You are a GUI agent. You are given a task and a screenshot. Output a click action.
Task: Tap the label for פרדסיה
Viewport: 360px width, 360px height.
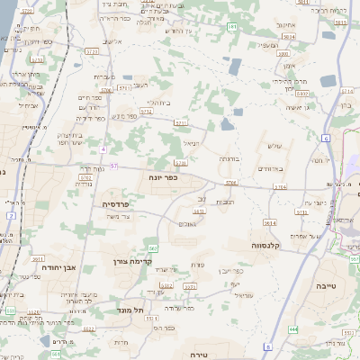(114, 204)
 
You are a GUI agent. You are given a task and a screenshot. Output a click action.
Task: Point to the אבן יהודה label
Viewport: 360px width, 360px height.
(61, 268)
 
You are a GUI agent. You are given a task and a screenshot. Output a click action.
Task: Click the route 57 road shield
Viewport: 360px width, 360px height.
(113, 166)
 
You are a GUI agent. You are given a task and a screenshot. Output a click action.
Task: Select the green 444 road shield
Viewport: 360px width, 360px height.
(293, 329)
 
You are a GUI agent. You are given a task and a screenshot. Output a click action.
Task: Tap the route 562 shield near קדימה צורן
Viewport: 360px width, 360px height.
(154, 247)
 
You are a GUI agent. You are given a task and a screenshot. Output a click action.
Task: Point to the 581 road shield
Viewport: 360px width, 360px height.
(232, 28)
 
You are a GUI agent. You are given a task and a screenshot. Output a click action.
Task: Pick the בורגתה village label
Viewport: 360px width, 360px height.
(229, 157)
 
